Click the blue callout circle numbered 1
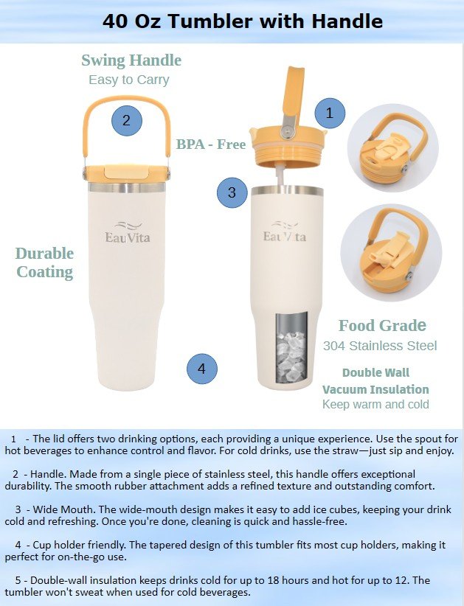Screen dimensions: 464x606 click(x=330, y=114)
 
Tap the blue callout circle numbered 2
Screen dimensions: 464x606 click(x=127, y=121)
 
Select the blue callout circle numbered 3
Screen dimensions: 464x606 click(x=232, y=192)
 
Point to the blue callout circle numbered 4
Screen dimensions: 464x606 click(x=202, y=369)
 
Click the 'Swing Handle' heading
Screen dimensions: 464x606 click(x=131, y=60)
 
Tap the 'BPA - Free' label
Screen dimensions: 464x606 click(x=211, y=144)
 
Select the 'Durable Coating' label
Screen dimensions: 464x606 click(x=44, y=262)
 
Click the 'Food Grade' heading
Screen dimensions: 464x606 click(x=382, y=325)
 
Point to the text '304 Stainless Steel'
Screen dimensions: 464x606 click(x=380, y=346)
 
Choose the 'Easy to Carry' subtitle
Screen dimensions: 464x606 click(x=129, y=80)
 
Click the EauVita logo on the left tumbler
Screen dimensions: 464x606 click(x=127, y=232)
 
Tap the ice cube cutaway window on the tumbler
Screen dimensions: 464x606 click(x=292, y=347)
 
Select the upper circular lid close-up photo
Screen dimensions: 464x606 click(x=392, y=149)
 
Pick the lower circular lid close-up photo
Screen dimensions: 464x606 click(x=391, y=253)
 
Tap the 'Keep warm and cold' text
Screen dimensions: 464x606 click(x=375, y=404)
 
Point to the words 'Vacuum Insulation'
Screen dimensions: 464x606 click(x=375, y=389)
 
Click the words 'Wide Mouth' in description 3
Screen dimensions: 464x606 click(x=63, y=509)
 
